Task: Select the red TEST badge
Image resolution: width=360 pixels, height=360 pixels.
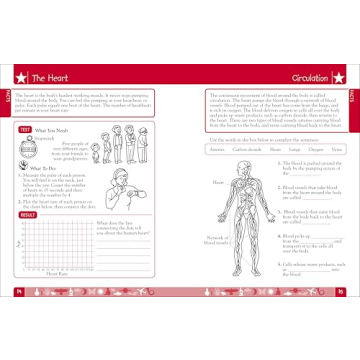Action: [26, 129]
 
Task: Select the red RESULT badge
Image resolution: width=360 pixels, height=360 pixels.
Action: [29, 215]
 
